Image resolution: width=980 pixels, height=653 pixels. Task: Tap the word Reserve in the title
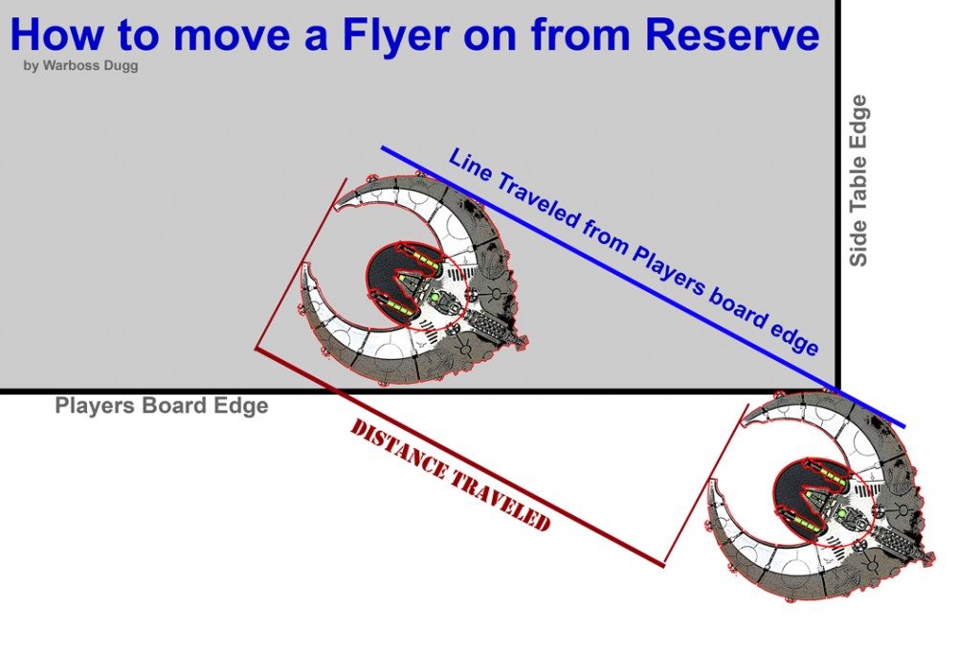pyautogui.click(x=732, y=35)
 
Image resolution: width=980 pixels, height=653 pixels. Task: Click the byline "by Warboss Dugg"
pyautogui.click(x=80, y=66)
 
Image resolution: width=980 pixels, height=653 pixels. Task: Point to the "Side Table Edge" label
pyautogui.click(x=858, y=180)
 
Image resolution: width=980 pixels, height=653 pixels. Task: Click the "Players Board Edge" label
pyautogui.click(x=161, y=406)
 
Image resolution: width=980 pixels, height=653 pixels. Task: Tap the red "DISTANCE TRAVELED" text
pyautogui.click(x=450, y=475)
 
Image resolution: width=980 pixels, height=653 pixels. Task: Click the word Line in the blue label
pyautogui.click(x=470, y=167)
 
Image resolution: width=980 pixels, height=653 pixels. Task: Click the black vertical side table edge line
pyautogui.click(x=839, y=191)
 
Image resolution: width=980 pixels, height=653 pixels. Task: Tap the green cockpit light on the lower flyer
pyautogui.click(x=844, y=514)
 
